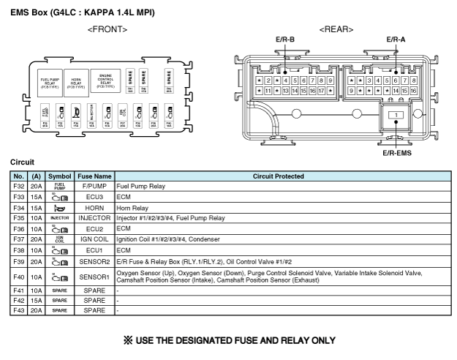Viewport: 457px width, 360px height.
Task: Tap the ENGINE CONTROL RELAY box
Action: point(106,80)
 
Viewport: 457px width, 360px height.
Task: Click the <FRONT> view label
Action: point(107,29)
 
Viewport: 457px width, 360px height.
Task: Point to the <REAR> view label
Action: point(336,29)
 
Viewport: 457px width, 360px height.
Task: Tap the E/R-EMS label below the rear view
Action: point(397,153)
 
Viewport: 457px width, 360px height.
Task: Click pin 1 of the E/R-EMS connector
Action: point(396,116)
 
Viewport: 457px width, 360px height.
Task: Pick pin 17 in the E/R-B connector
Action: point(322,91)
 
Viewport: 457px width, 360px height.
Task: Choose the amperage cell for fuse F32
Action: point(36,187)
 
